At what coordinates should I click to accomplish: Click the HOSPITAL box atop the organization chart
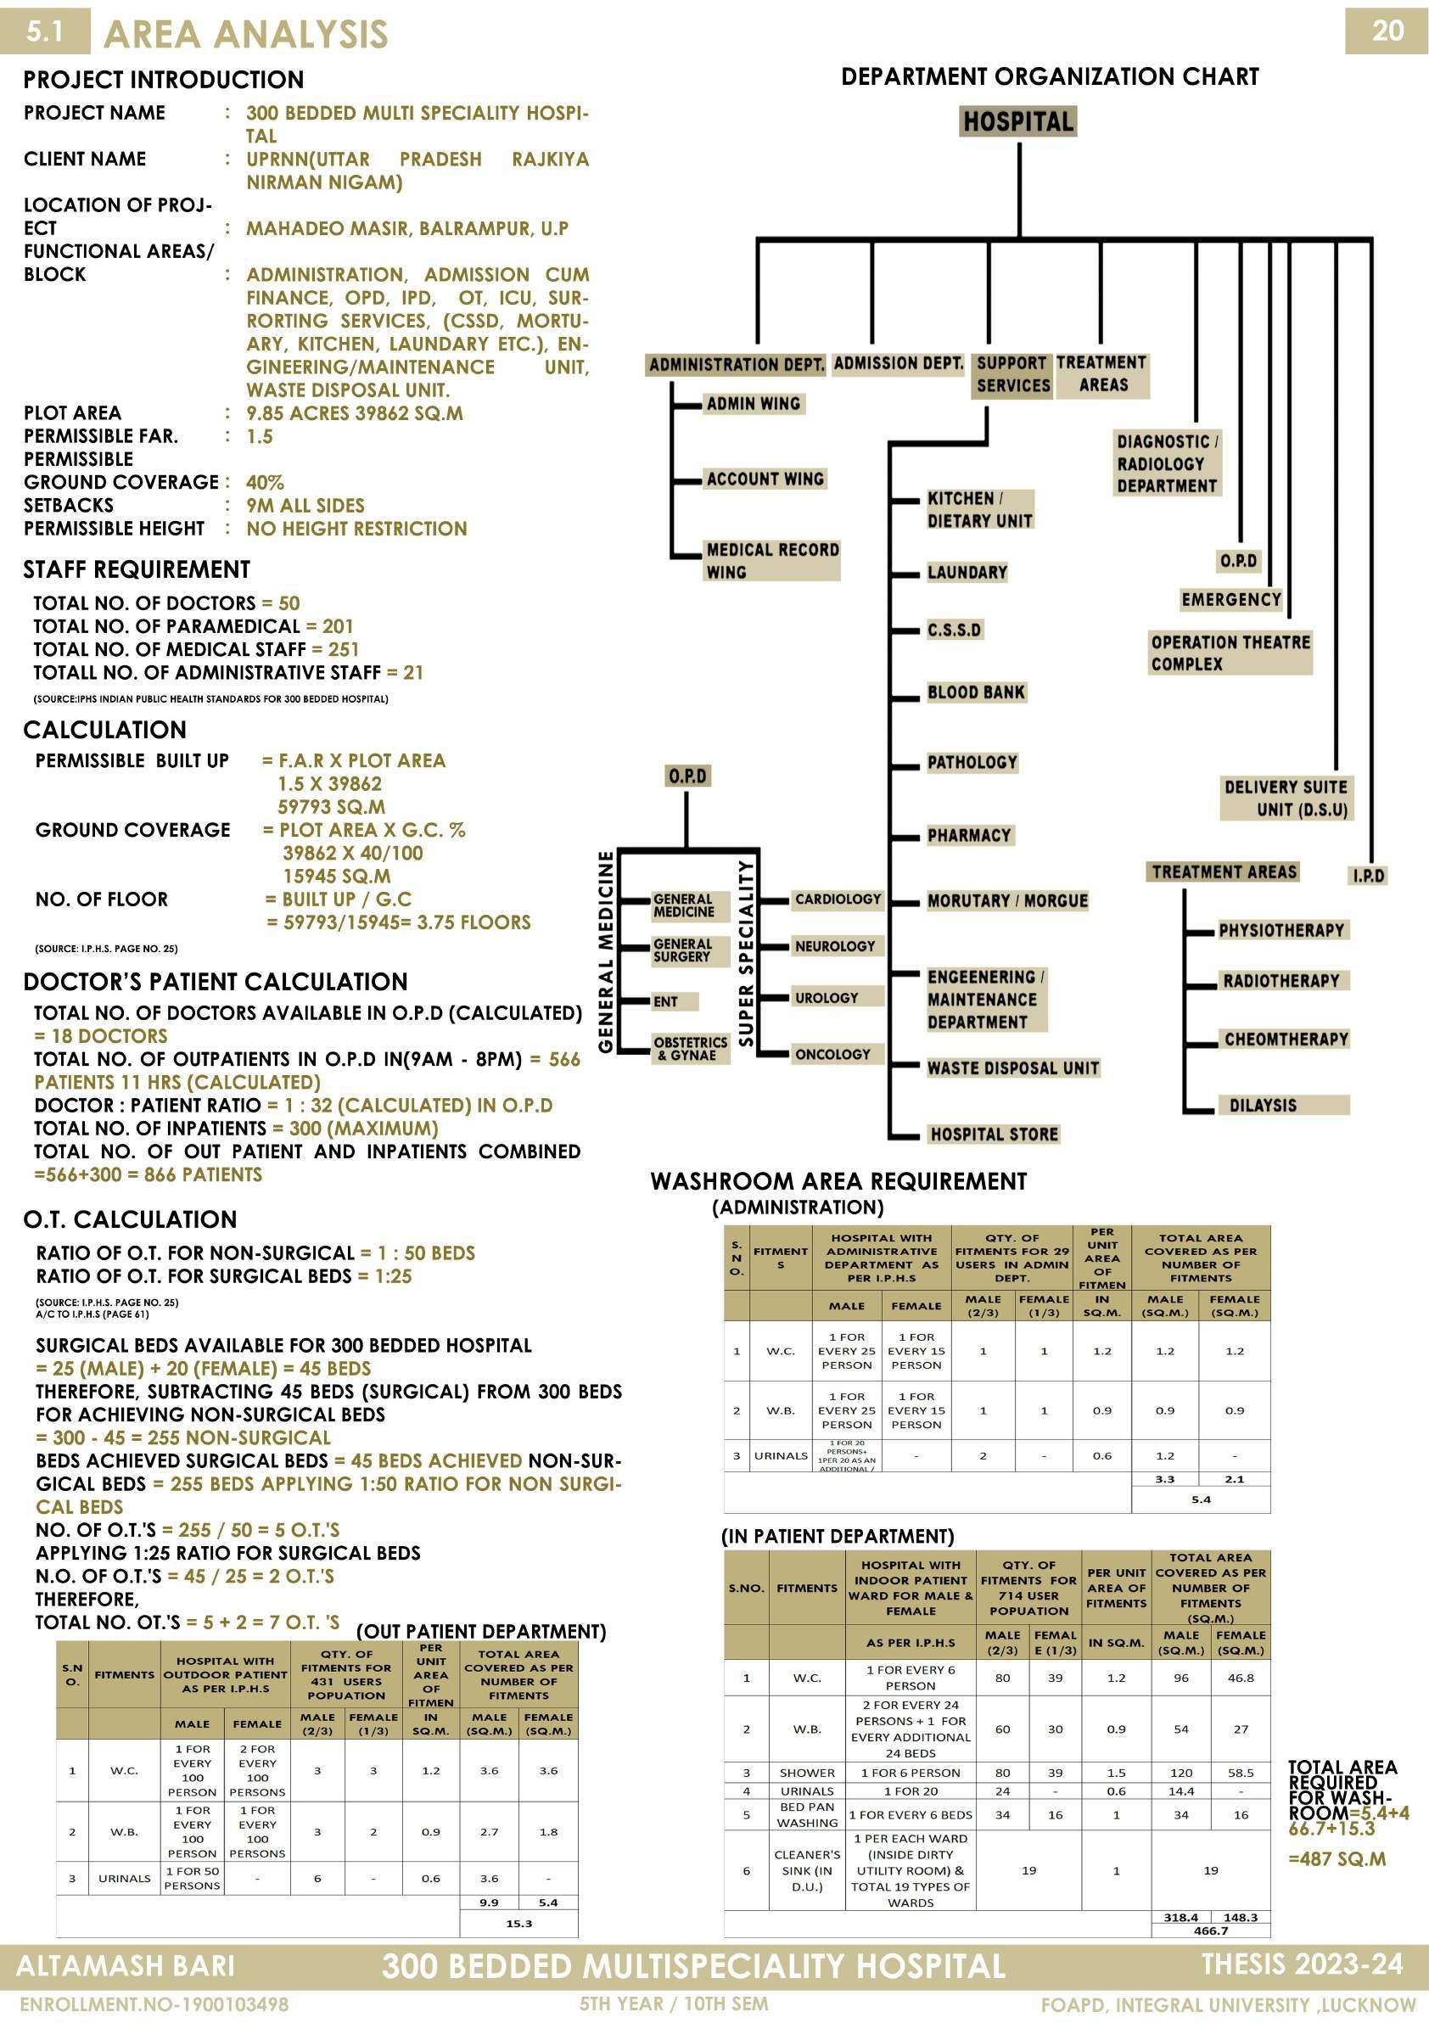tap(1017, 121)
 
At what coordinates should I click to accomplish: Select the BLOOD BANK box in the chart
tap(975, 692)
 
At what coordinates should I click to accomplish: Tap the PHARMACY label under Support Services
tap(969, 835)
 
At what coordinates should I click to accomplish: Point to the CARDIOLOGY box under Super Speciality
tap(837, 899)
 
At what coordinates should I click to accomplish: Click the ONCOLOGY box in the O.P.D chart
tap(832, 1055)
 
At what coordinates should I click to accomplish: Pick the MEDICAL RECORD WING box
tap(771, 560)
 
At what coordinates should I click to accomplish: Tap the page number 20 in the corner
tap(1387, 31)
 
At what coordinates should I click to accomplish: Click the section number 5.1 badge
tap(44, 31)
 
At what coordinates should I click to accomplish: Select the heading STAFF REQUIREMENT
tap(137, 569)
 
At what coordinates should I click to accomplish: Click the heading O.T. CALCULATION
tap(131, 1219)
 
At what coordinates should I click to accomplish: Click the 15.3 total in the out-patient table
tap(519, 1924)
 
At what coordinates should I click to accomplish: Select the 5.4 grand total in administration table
tap(1201, 1499)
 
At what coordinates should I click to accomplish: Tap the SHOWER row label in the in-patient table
tap(806, 1773)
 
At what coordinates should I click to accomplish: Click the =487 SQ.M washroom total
tap(1337, 1859)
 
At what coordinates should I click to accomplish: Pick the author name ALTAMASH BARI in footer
tap(125, 1967)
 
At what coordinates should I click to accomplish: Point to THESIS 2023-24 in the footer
tap(1301, 1964)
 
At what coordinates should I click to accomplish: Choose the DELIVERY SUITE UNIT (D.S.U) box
tap(1286, 799)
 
